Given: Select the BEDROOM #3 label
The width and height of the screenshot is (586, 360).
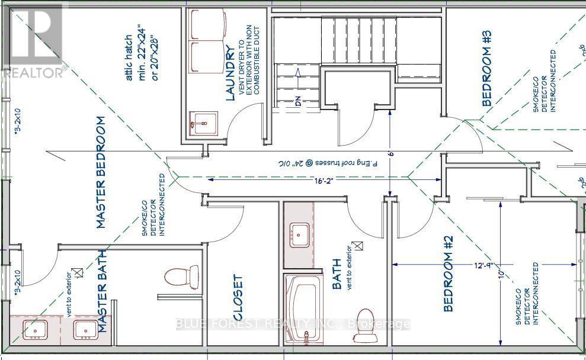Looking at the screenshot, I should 486,76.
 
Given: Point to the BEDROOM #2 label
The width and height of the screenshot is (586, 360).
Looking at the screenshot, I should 448,274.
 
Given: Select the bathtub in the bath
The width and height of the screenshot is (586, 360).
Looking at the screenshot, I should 304,310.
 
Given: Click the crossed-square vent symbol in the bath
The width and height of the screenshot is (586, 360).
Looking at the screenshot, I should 357,245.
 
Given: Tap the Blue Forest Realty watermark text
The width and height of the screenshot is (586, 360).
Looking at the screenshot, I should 294,324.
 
